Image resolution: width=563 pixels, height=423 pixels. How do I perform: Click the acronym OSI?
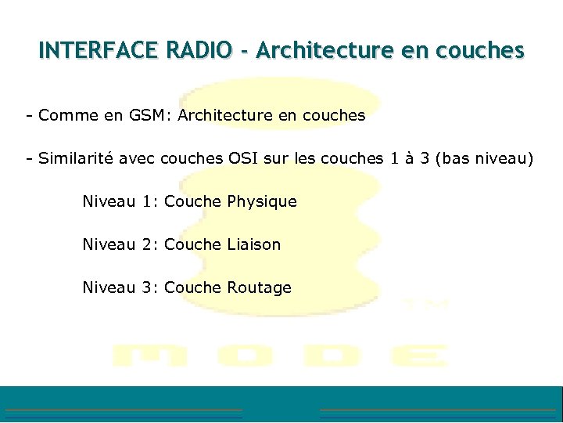(246, 159)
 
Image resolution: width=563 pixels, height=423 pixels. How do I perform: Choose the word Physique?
(262, 202)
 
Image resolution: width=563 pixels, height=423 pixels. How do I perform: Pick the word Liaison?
(253, 244)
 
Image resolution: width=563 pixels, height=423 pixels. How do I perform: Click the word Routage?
(259, 288)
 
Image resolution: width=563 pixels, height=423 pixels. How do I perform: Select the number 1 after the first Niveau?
(149, 202)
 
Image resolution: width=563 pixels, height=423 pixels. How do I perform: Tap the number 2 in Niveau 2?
(149, 244)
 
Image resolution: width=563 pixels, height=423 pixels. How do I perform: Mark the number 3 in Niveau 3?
(149, 288)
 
